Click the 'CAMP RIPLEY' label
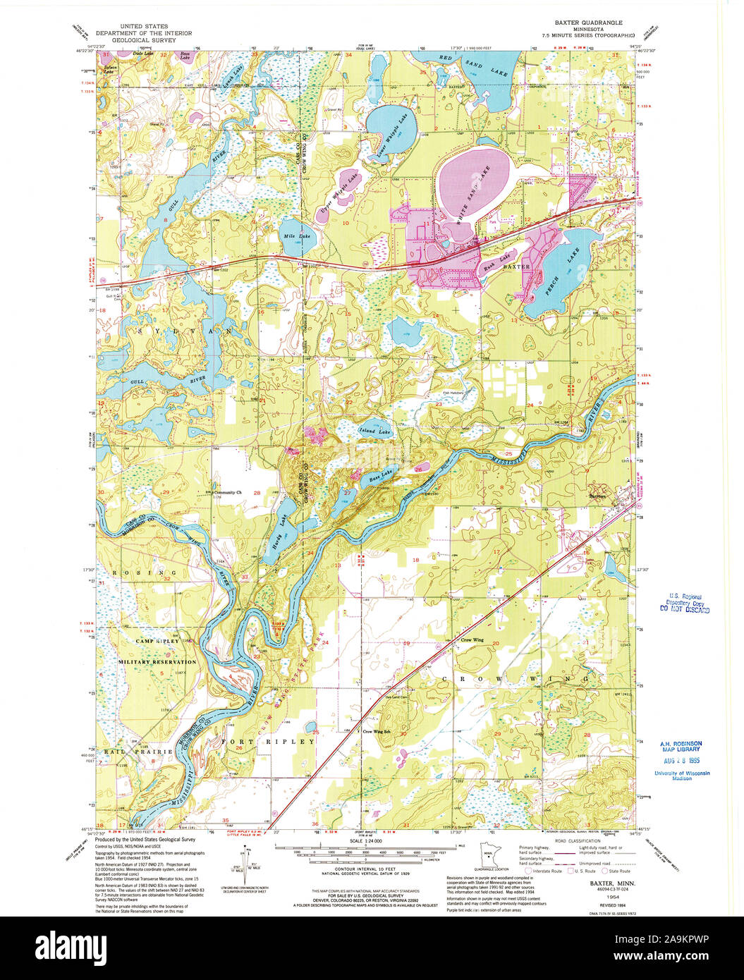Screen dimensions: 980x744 [x=158, y=641]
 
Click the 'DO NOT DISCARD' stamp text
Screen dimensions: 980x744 [x=684, y=608]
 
